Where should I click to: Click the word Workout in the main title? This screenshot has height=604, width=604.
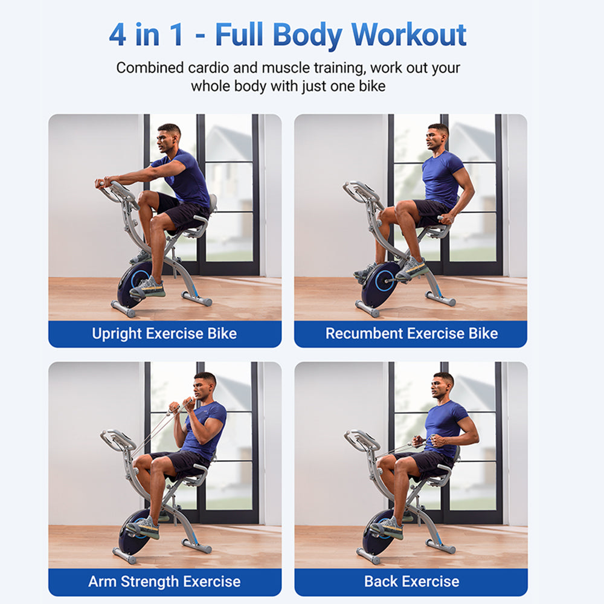click(410, 35)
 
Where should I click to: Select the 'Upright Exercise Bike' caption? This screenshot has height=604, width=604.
click(164, 333)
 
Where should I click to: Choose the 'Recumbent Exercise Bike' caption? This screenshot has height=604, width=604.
click(411, 333)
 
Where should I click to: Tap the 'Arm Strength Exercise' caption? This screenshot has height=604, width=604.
click(164, 582)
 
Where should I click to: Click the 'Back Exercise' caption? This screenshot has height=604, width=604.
click(411, 582)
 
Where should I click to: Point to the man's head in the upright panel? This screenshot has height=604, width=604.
click(169, 137)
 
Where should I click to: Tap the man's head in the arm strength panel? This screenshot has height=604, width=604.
click(204, 385)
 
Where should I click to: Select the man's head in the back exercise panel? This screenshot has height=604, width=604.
click(443, 385)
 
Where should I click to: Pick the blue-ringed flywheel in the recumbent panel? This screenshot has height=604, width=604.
click(381, 283)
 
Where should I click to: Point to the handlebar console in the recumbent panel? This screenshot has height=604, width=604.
click(361, 192)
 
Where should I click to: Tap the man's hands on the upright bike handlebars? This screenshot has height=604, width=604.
click(103, 182)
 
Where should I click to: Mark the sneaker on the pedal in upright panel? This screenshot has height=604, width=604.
click(147, 288)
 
